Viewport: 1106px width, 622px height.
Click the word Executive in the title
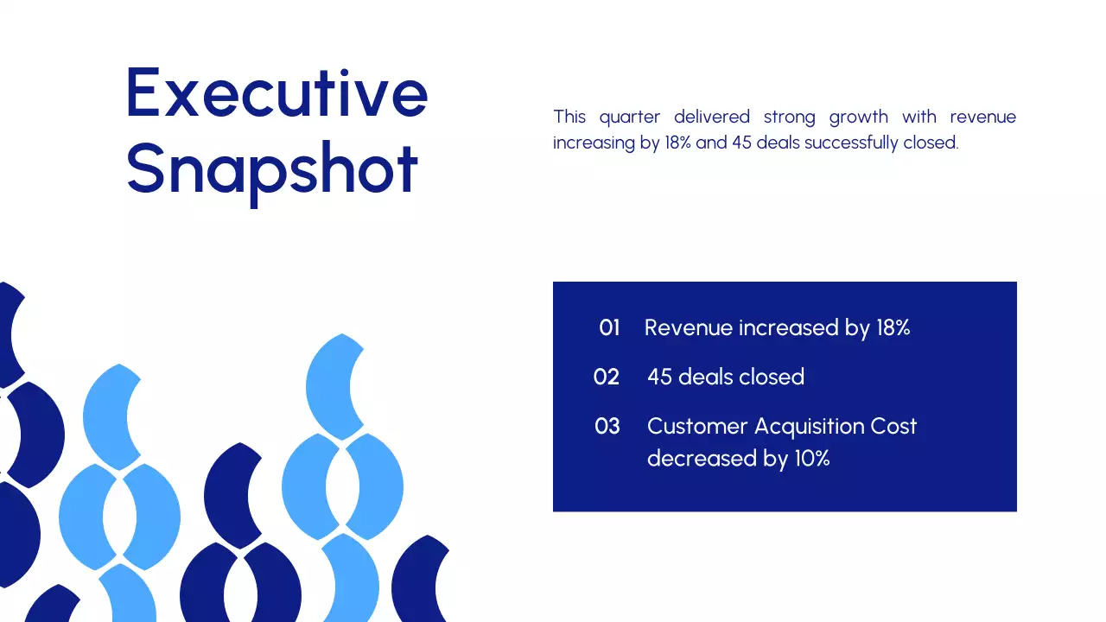tap(276, 93)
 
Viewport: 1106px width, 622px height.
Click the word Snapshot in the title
tap(272, 168)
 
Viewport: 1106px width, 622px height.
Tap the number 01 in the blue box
tap(609, 328)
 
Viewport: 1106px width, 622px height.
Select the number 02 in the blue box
tap(607, 378)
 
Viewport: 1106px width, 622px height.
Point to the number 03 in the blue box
tap(607, 427)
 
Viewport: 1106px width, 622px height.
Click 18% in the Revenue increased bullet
tap(893, 328)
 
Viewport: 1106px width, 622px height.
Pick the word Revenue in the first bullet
tap(686, 328)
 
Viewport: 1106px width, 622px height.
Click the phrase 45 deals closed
tap(726, 378)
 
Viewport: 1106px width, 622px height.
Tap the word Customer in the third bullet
tap(697, 427)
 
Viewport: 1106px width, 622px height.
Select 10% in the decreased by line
tap(811, 459)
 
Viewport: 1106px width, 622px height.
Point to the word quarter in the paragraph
tap(629, 117)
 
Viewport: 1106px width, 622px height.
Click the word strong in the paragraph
tap(789, 117)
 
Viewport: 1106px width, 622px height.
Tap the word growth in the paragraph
tap(858, 117)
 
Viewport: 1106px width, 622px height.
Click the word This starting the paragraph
tap(569, 117)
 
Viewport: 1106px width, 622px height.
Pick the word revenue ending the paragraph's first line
tap(982, 117)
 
